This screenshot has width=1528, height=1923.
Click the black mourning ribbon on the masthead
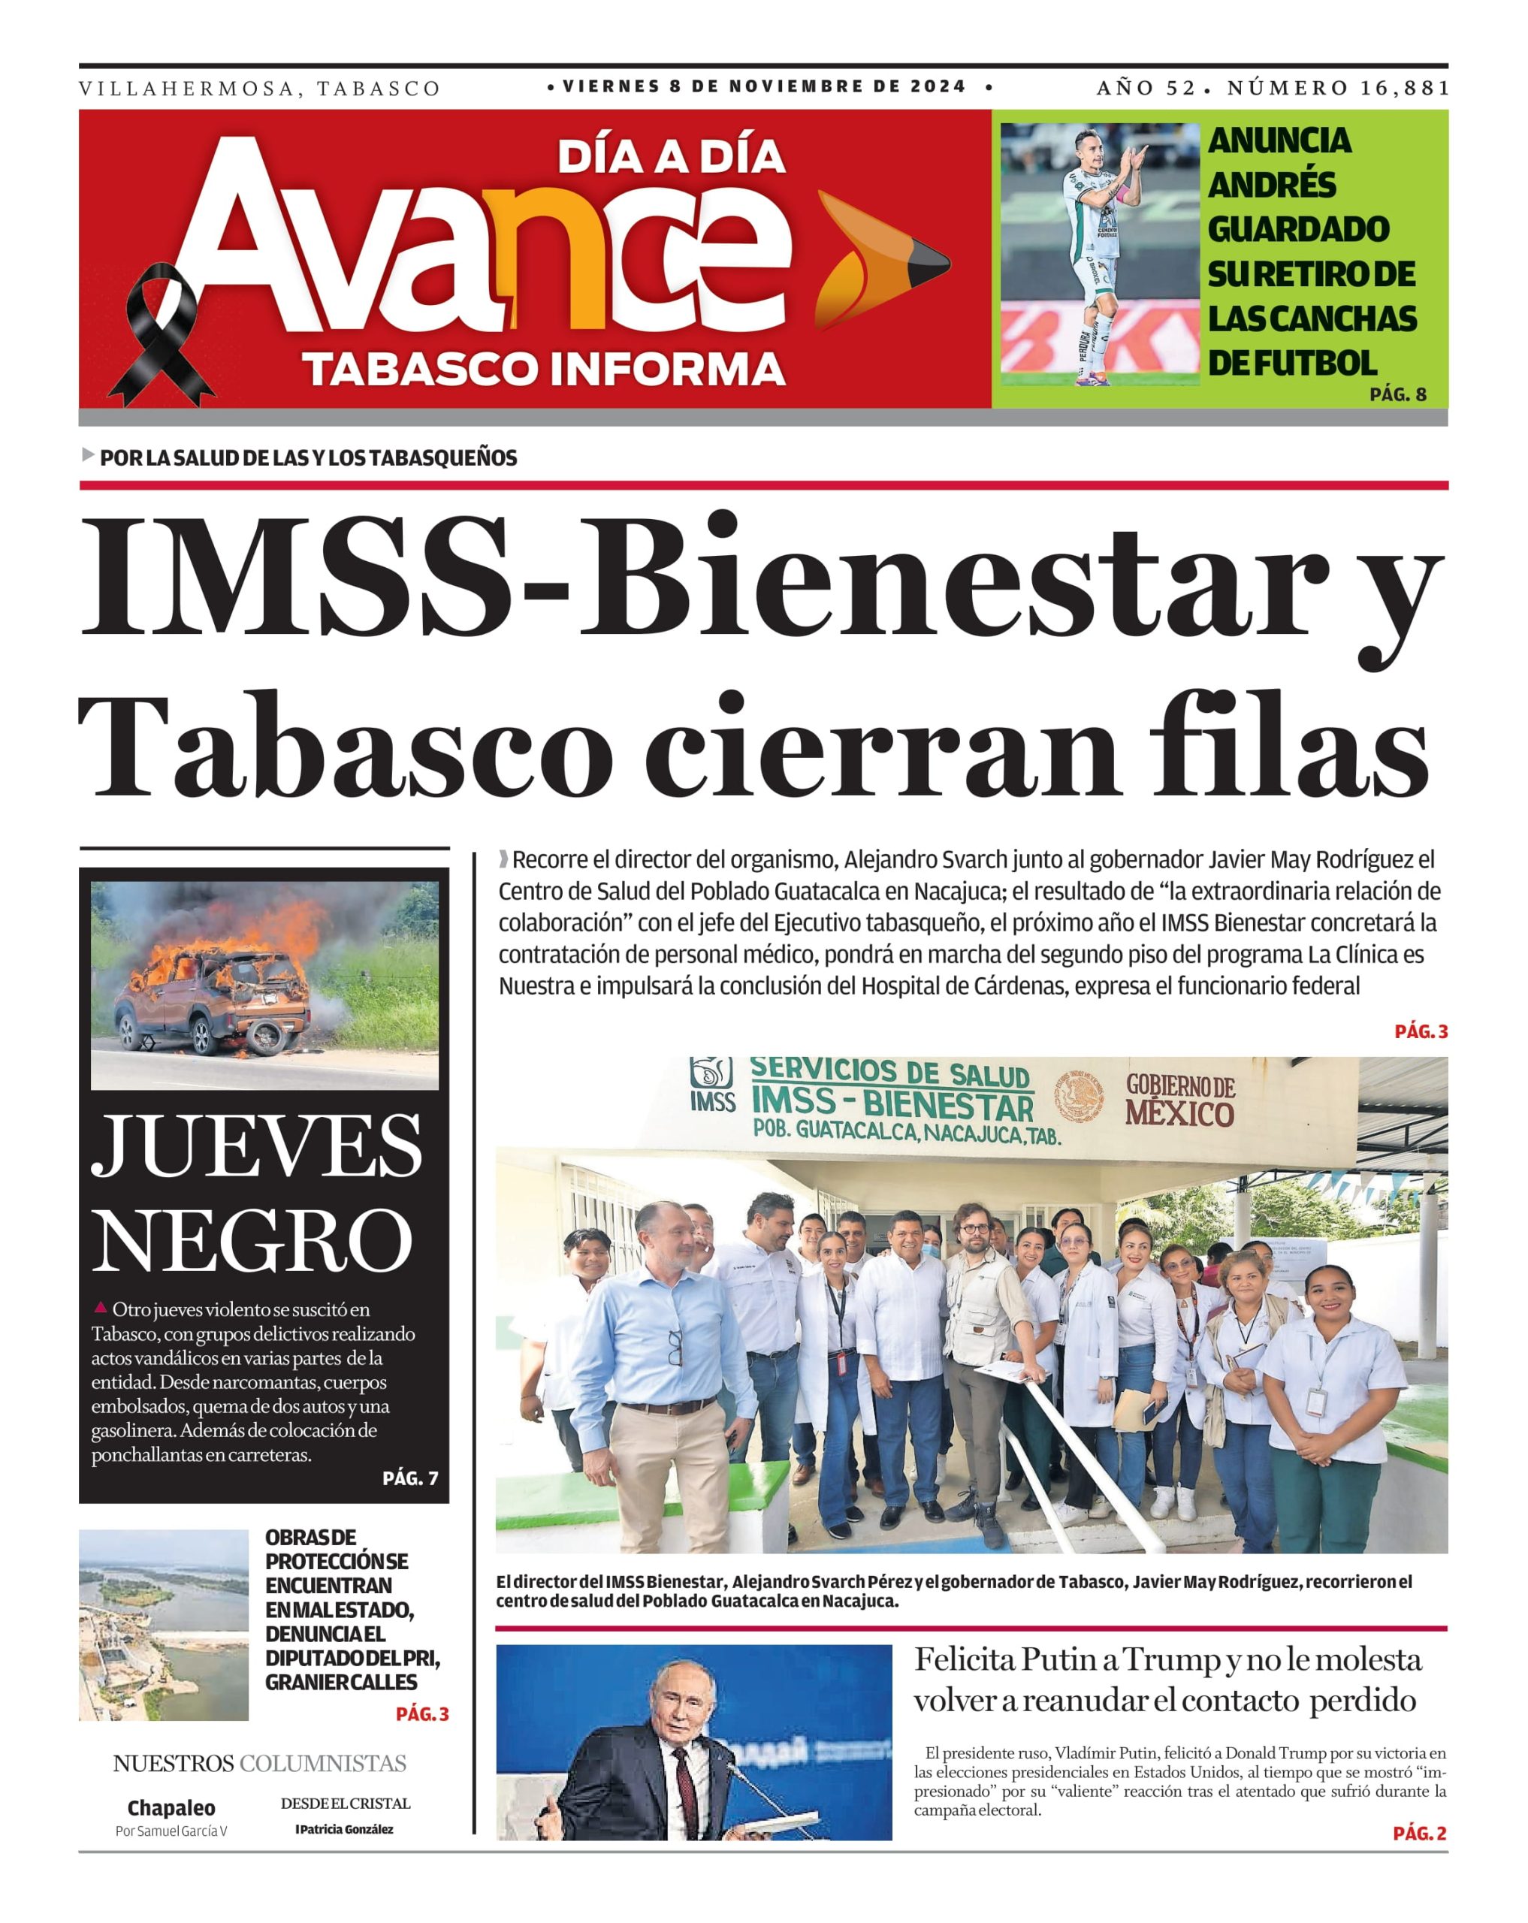coord(162,334)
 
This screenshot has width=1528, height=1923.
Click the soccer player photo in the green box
coord(1099,253)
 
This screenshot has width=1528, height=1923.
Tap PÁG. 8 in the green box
coord(1397,394)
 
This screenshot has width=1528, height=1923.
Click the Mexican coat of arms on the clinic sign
coord(1079,1096)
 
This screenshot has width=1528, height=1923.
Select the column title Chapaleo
coord(171,1808)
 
